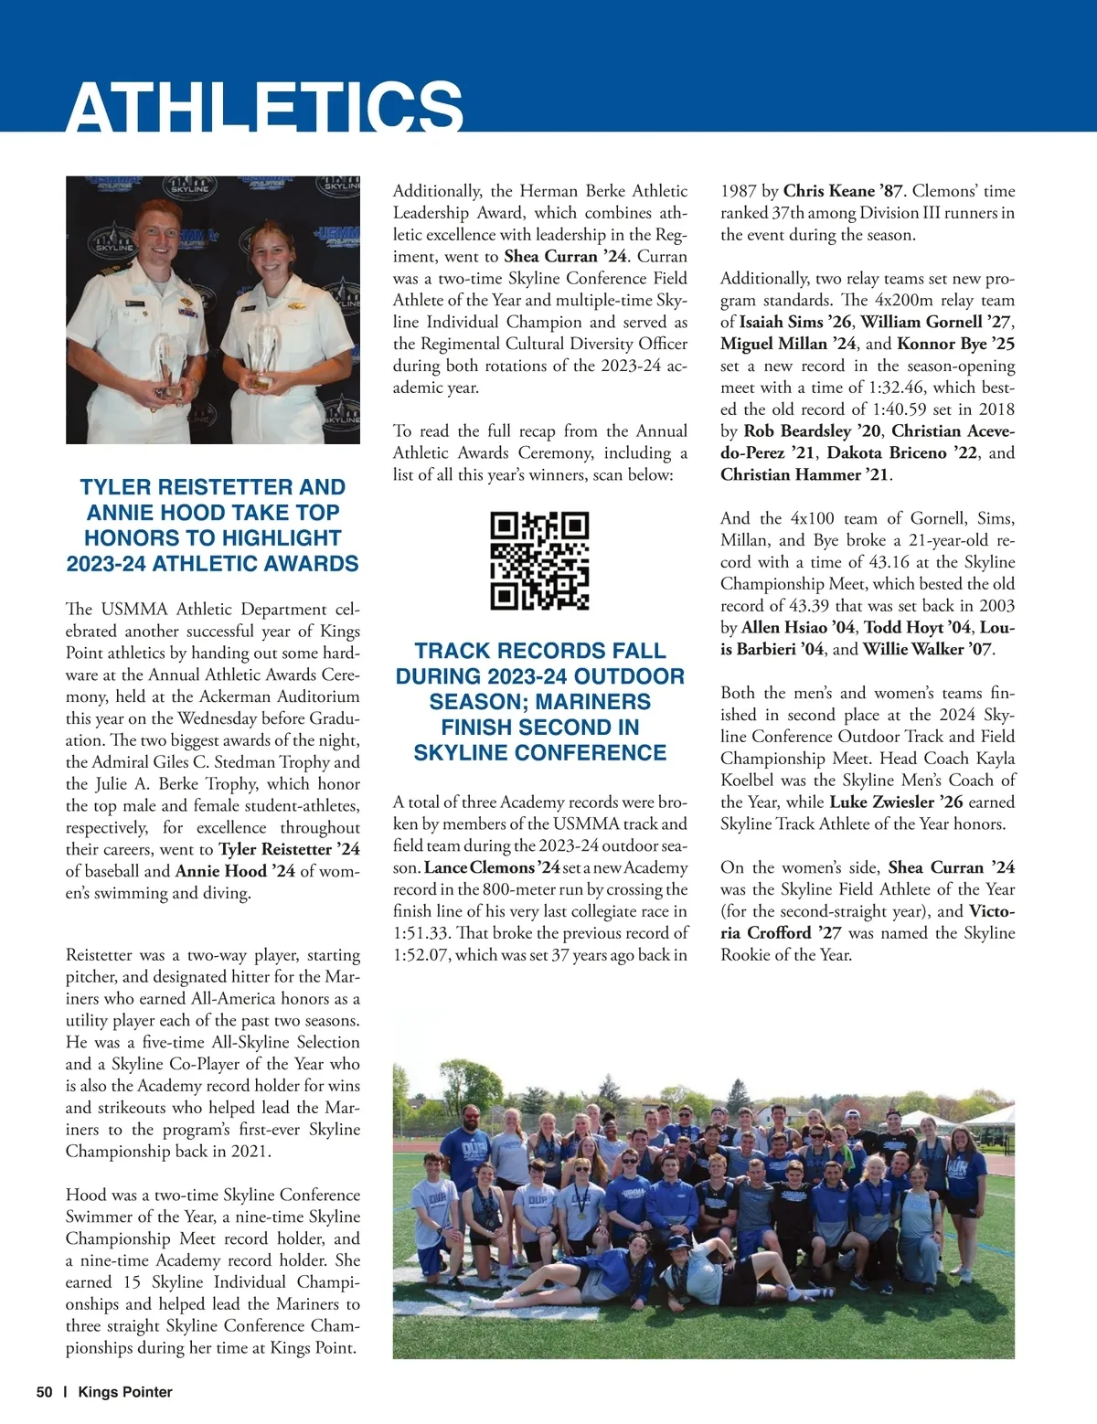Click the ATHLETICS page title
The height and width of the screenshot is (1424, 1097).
pos(264,108)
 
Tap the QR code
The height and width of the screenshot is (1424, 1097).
pos(539,560)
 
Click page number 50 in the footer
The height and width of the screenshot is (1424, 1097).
pos(45,1392)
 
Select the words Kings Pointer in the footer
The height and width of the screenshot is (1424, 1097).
pos(125,1392)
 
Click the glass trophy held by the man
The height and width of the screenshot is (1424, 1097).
pos(168,366)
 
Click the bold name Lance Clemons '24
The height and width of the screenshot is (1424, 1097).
pos(492,867)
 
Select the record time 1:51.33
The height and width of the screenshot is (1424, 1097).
pos(421,933)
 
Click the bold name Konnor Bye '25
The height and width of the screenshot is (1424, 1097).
pos(955,344)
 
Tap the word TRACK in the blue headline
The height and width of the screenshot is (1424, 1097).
pos(456,651)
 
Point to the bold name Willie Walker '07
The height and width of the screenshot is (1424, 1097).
pos(928,649)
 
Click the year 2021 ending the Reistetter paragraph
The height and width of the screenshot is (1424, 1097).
pos(249,1151)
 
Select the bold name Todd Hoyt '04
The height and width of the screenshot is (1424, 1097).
pos(917,627)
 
